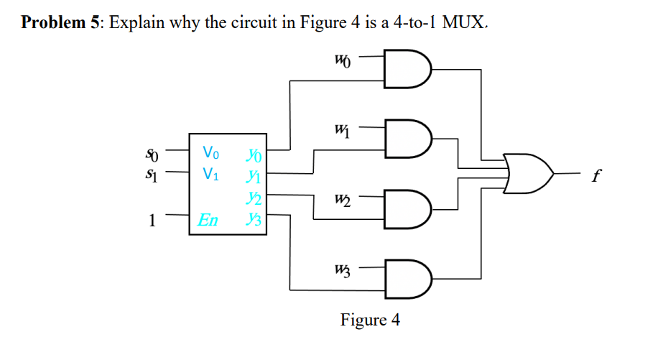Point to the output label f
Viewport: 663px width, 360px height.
pyautogui.click(x=594, y=175)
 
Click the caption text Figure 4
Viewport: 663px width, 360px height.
pyautogui.click(x=370, y=320)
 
